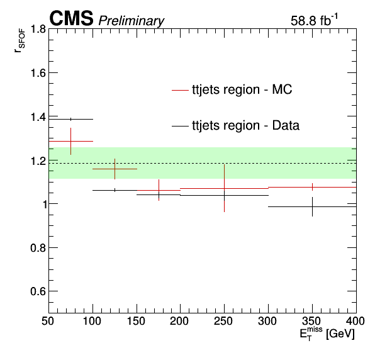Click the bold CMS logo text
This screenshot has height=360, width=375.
click(x=71, y=18)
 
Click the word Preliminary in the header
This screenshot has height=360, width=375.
click(x=132, y=21)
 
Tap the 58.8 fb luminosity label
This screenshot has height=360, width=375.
click(x=314, y=20)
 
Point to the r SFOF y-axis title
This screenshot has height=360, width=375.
click(x=20, y=43)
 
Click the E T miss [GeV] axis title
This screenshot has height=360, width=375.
click(x=327, y=333)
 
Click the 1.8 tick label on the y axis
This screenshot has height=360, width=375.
click(x=38, y=29)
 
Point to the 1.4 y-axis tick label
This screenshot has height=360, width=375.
click(x=38, y=116)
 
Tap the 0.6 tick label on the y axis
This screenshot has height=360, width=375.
click(x=38, y=291)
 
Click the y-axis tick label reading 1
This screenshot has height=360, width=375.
click(x=43, y=204)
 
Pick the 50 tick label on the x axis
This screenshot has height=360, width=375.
click(x=48, y=321)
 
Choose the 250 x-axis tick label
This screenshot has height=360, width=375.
click(x=223, y=321)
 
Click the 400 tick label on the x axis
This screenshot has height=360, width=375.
click(x=355, y=321)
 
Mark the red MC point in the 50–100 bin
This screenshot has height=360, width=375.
click(x=71, y=141)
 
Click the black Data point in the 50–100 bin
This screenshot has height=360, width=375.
click(x=71, y=119)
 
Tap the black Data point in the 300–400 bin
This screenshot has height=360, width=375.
click(x=312, y=206)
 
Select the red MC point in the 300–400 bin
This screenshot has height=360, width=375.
click(x=312, y=187)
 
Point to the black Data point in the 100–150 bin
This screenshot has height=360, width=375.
click(x=115, y=191)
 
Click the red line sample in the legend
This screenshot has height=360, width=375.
click(x=180, y=90)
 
